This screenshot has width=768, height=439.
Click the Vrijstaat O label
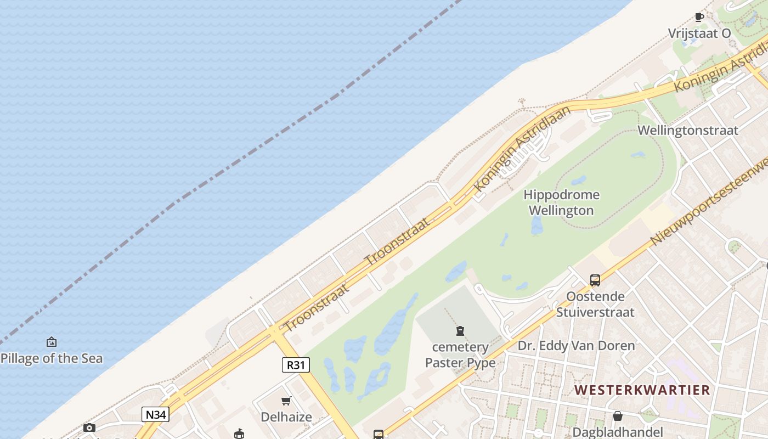699,33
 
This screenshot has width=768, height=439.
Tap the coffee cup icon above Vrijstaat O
699,17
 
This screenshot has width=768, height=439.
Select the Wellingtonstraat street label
688,131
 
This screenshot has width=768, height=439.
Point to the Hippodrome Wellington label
561,202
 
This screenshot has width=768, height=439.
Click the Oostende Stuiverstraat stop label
595,305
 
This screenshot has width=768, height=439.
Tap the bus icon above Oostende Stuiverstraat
595,280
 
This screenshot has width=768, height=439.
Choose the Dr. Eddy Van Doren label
576,346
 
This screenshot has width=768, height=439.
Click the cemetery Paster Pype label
460,355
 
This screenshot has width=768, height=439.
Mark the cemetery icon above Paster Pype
460,330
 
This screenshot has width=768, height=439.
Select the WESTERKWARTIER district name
642,390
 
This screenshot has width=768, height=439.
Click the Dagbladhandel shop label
618,432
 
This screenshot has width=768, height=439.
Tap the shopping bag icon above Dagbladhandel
618,416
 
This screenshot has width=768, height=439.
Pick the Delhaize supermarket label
286,417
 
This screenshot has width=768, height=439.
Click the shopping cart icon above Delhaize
286,401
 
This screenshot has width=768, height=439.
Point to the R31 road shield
296,365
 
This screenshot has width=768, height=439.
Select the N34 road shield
155,414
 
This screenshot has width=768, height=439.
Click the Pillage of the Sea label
52,358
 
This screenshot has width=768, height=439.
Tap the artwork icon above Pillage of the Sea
52,342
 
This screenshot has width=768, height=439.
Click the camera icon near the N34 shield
89,427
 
